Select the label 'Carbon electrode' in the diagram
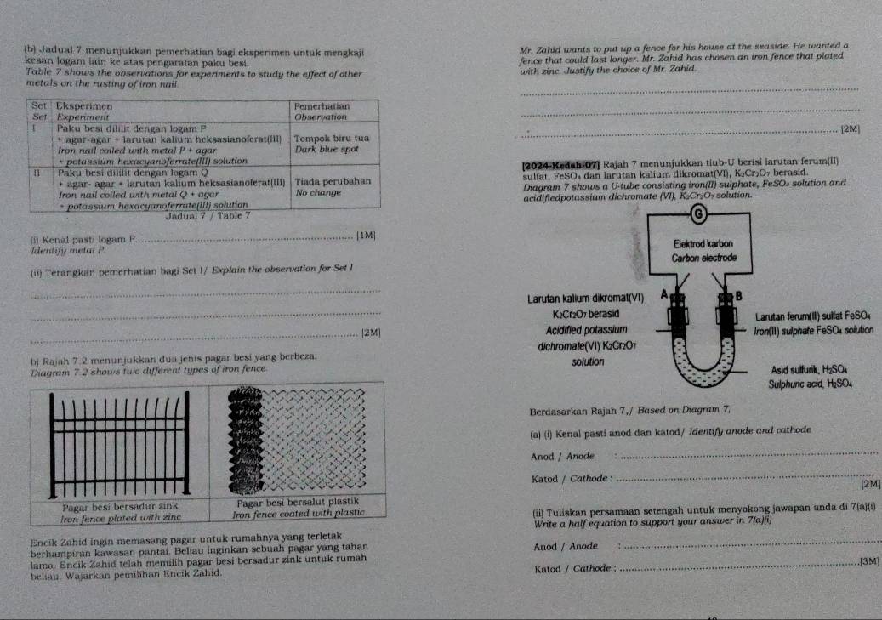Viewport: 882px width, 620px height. click(x=706, y=256)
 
